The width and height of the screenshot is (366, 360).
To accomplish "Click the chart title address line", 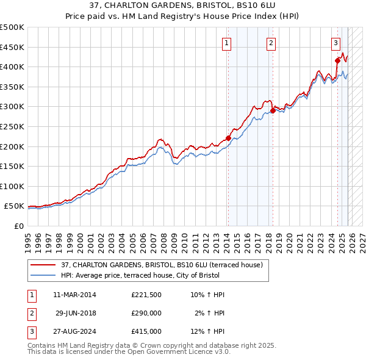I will coord(182,6).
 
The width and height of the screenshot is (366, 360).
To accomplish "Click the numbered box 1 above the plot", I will coord(226,43).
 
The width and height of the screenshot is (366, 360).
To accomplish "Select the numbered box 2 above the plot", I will coord(271,43).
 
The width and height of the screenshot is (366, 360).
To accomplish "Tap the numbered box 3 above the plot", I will coord(335,43).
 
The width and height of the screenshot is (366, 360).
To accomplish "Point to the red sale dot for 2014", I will coord(228,138).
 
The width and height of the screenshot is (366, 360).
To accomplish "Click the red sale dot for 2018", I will coord(273,110).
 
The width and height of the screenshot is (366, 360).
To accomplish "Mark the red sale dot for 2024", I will coord(337,60).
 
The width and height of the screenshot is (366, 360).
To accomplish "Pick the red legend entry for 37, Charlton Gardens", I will coord(162,265).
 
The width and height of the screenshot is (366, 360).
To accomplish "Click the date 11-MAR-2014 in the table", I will coord(74,295).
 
